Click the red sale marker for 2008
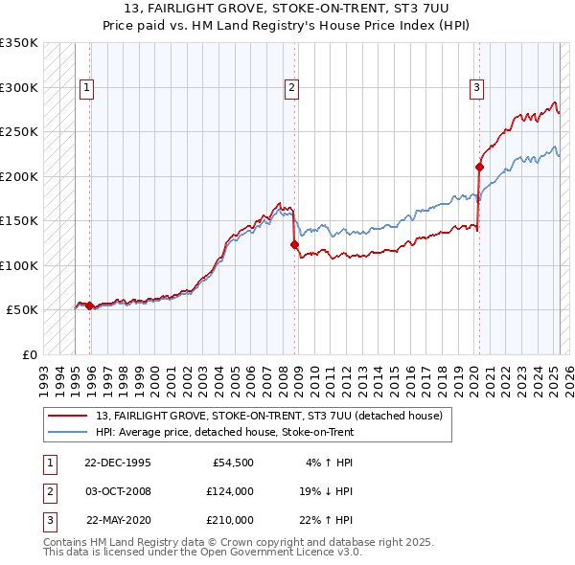(295, 244)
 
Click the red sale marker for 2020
(480, 168)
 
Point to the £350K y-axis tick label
(19, 43)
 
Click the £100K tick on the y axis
(19, 265)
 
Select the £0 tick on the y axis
(29, 354)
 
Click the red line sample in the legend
(67, 416)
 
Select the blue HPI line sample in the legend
(67, 432)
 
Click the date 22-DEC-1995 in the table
(118, 463)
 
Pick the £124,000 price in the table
(231, 491)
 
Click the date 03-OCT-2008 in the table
(118, 491)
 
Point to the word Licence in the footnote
(306, 552)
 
